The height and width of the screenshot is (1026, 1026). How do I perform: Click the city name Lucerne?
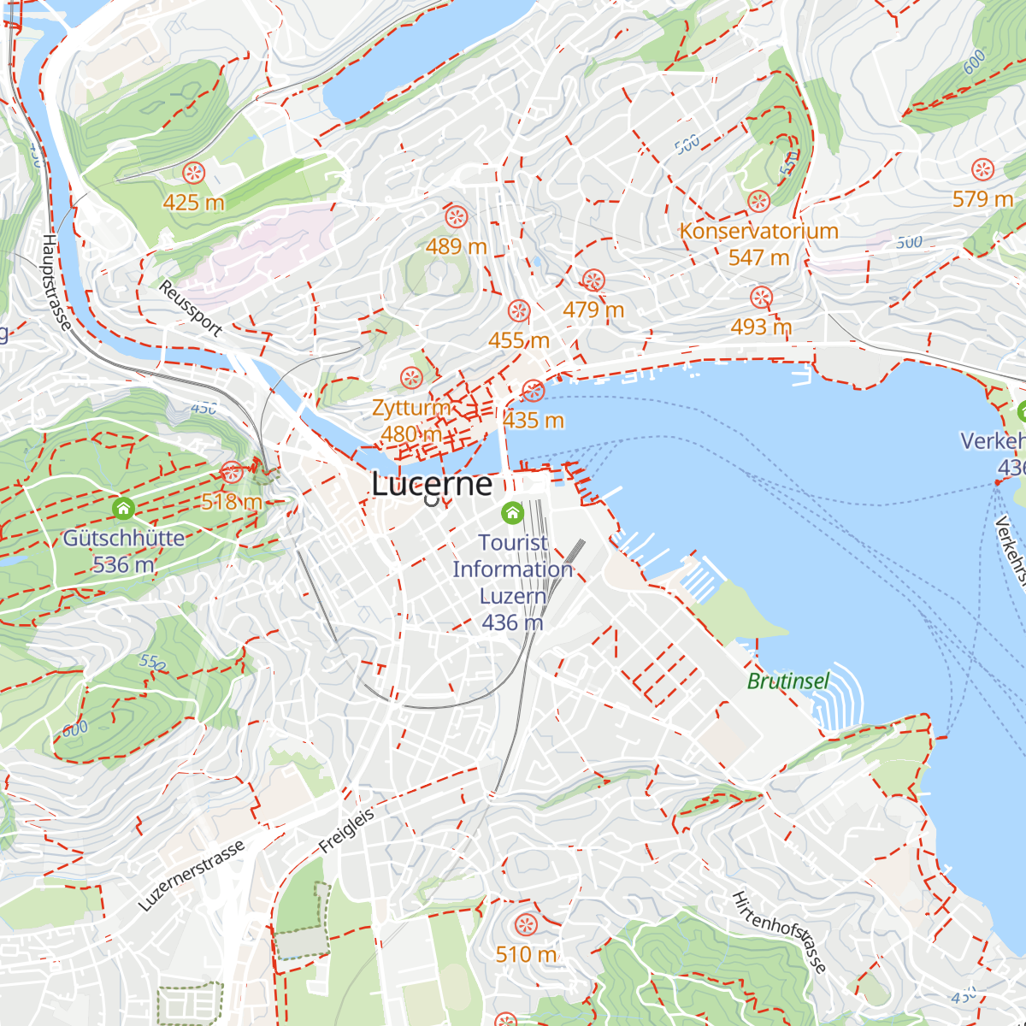(x=432, y=484)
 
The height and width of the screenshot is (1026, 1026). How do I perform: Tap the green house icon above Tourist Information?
(x=512, y=513)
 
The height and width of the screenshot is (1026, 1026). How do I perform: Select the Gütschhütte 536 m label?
(x=124, y=551)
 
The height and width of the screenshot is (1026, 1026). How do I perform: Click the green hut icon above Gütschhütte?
(x=124, y=510)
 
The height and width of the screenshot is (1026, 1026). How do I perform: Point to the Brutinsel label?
(x=788, y=681)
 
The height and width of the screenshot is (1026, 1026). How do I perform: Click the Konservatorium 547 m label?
(x=758, y=244)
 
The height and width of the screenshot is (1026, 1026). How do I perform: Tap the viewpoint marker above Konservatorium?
(x=758, y=202)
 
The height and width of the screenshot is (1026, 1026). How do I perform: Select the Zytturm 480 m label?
(x=411, y=421)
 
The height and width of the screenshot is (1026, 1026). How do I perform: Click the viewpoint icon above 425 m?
(x=194, y=174)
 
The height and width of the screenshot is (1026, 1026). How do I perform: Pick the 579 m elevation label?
(x=982, y=199)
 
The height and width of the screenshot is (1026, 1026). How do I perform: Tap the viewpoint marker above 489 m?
(x=456, y=217)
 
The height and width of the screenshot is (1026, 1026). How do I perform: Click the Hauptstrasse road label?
(x=56, y=283)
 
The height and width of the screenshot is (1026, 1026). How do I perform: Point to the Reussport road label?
(x=191, y=308)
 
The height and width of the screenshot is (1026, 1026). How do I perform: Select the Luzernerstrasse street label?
(x=192, y=875)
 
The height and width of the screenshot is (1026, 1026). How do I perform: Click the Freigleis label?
(x=346, y=829)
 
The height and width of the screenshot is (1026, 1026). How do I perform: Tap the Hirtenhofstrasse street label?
(x=780, y=932)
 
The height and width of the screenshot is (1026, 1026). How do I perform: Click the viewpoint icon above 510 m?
(x=525, y=924)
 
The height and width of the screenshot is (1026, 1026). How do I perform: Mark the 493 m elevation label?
(x=761, y=327)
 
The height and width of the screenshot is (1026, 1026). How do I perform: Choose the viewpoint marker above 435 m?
(x=533, y=392)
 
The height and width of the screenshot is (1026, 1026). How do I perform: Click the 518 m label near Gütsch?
(x=231, y=502)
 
